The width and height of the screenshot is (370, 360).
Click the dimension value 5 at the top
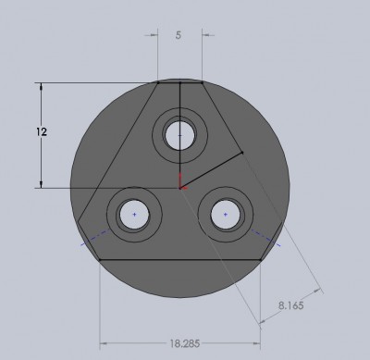click(x=179, y=35)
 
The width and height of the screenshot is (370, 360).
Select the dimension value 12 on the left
click(x=42, y=132)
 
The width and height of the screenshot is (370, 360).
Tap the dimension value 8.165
click(x=291, y=305)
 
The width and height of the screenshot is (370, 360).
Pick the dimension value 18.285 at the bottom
click(x=185, y=343)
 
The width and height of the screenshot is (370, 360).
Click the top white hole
click(x=180, y=135)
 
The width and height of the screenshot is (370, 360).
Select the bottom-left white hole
click(x=134, y=215)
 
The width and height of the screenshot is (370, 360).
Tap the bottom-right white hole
click(x=226, y=215)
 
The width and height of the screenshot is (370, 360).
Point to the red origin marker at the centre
click(x=181, y=181)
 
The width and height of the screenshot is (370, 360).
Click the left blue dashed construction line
click(x=95, y=237)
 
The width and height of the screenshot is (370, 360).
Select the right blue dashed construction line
click(x=265, y=238)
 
